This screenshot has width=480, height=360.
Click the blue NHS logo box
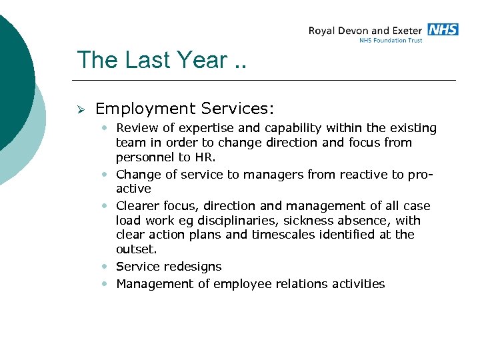pyautogui.click(x=443, y=29)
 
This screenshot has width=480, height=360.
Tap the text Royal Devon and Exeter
pyautogui.click(x=365, y=31)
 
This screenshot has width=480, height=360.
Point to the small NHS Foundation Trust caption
pyautogui.click(x=391, y=40)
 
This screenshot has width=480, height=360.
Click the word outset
pyautogui.click(x=135, y=249)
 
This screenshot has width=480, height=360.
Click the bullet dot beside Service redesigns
pyautogui.click(x=106, y=267)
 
